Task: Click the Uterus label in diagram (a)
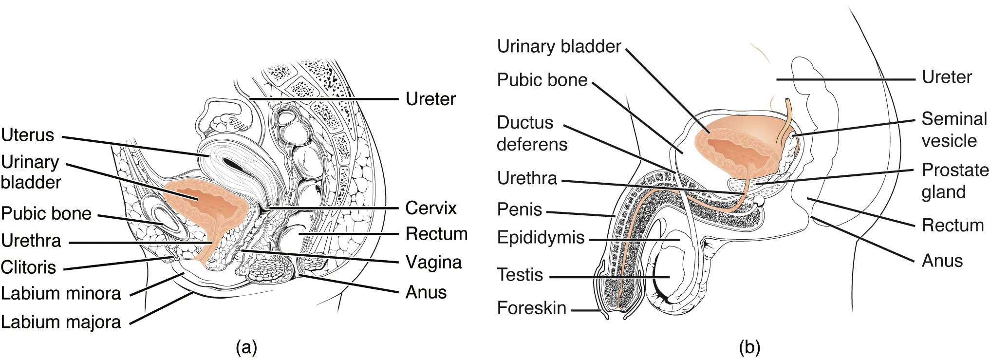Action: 28,135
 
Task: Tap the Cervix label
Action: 430,208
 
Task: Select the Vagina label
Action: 433,262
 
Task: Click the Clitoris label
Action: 28,267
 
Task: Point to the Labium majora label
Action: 61,322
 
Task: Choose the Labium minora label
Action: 61,293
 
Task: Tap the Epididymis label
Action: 541,237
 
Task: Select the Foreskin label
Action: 531,308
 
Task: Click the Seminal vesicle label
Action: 953,130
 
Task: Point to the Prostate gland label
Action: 954,181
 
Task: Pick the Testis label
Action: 520,275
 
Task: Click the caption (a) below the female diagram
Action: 246,348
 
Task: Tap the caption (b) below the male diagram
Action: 749,348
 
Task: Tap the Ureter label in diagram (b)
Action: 946,77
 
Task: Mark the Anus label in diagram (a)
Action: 426,292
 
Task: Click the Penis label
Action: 519,209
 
